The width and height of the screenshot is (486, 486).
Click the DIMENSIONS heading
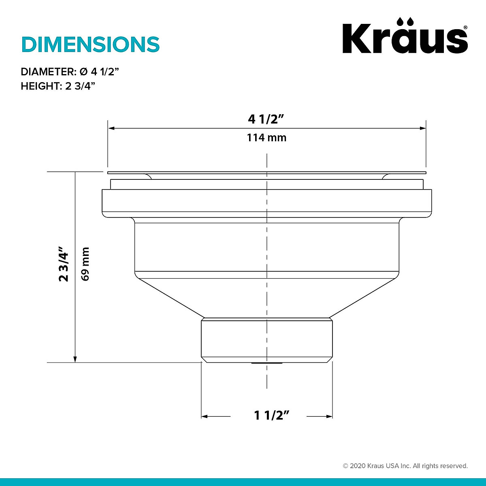pyautogui.click(x=90, y=45)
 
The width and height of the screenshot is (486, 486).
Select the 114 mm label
pyautogui.click(x=266, y=138)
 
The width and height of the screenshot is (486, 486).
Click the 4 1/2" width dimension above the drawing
pyautogui.click(x=266, y=119)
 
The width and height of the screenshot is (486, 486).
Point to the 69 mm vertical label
pyautogui.click(x=85, y=264)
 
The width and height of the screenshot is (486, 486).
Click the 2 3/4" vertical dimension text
pyautogui.click(x=64, y=264)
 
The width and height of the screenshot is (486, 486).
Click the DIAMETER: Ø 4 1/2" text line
pyautogui.click(x=70, y=72)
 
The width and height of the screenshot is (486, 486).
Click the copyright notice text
pyautogui.click(x=405, y=466)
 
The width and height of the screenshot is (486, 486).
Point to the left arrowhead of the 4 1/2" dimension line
pyautogui.click(x=111, y=128)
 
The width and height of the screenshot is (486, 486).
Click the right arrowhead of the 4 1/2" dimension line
pyautogui.click(x=422, y=128)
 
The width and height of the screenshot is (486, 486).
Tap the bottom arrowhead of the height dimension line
pyautogui.click(x=75, y=359)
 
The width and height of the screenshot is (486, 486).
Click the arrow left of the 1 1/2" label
pyautogui.click(x=205, y=416)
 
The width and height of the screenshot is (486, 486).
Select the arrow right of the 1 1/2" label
pyautogui.click(x=329, y=416)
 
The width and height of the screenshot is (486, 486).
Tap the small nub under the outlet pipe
pyautogui.click(x=266, y=363)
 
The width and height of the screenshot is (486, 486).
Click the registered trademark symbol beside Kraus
pyautogui.click(x=465, y=27)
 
